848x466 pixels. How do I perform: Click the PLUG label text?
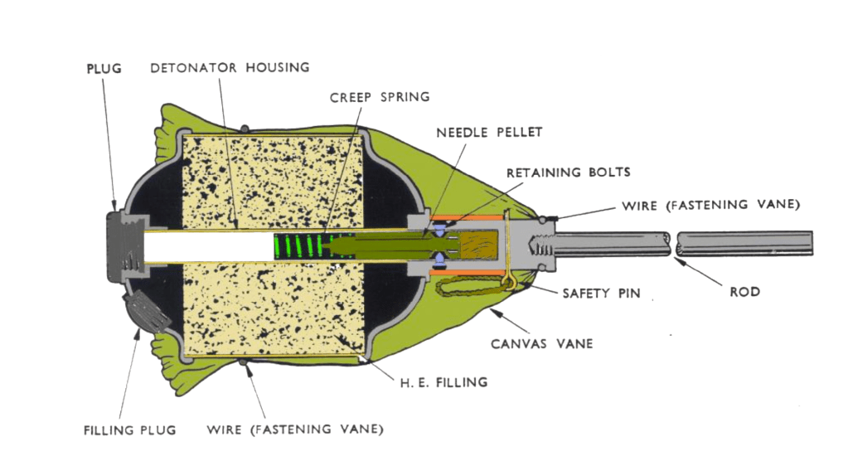[x=104, y=68]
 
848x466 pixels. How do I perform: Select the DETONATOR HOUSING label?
[x=230, y=67]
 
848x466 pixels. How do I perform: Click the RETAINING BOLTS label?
[x=569, y=172]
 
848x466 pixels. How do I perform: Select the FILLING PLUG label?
[x=129, y=430]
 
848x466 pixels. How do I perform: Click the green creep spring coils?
[x=303, y=245]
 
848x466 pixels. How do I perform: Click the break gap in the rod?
[x=672, y=244]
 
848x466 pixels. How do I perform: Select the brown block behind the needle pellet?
[x=478, y=245]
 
